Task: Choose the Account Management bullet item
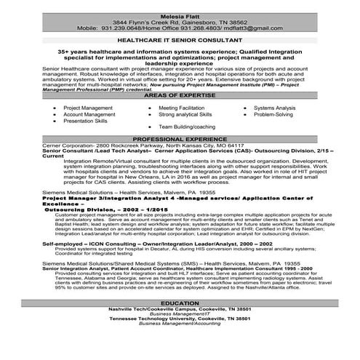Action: pos(87,114)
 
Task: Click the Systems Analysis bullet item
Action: pos(275,107)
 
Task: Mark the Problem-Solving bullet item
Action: pos(273,114)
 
